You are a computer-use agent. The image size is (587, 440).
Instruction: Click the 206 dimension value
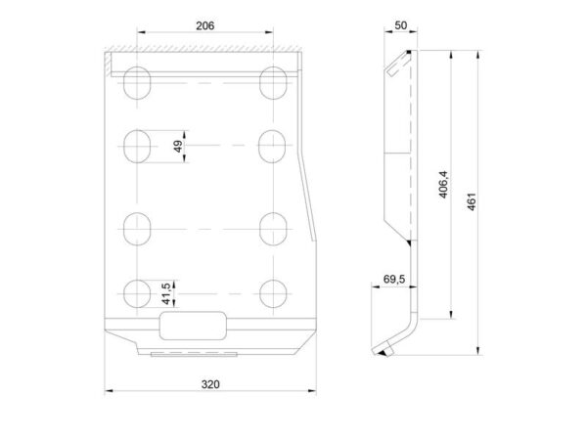tap(205, 25)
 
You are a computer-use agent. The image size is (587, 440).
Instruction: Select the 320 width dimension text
tap(210, 384)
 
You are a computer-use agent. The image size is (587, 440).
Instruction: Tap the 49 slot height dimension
tap(179, 146)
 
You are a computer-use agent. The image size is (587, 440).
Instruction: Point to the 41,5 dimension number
tap(167, 293)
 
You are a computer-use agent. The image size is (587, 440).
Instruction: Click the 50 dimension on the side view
tap(400, 25)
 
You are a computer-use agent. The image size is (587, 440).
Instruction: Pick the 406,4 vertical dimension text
tap(443, 184)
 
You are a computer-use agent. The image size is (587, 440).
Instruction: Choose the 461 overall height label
tap(472, 201)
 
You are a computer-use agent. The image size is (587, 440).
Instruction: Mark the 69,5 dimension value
tap(394, 279)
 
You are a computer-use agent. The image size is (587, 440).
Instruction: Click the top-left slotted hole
tap(137, 83)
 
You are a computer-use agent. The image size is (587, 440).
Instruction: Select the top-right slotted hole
tap(273, 83)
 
